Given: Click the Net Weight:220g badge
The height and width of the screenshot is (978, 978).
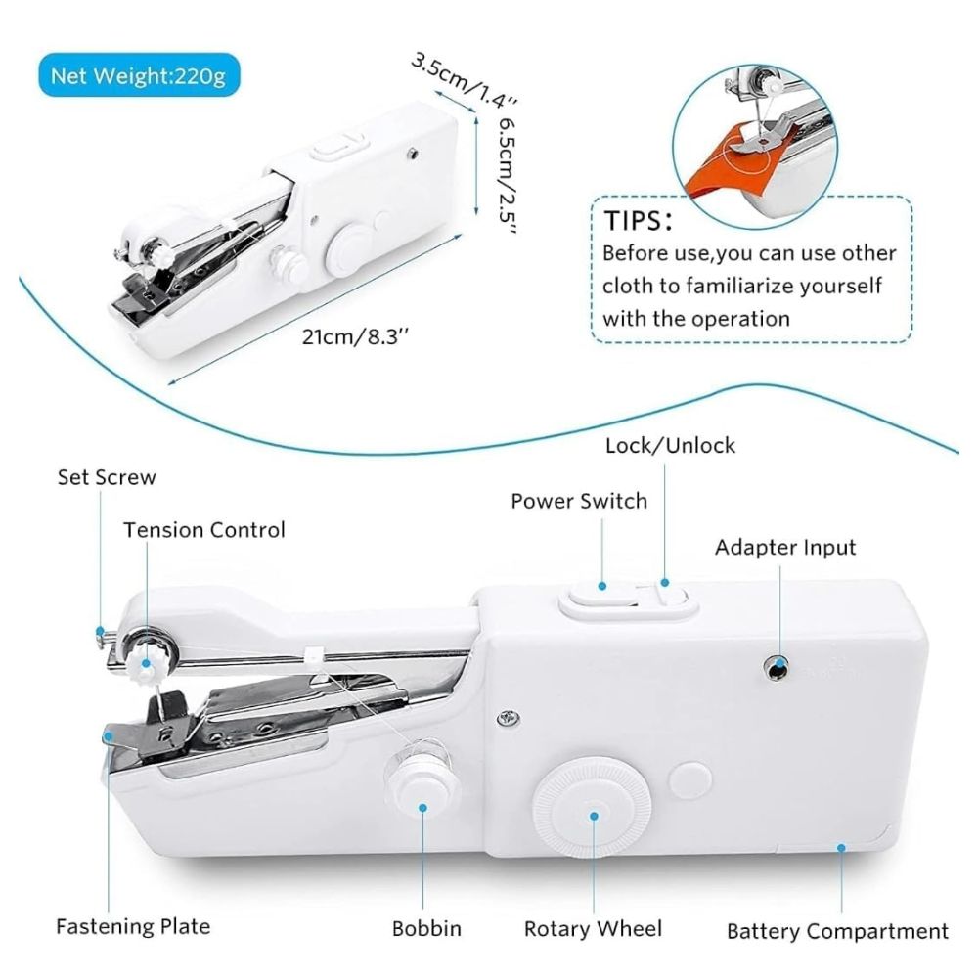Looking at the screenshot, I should pos(138,75).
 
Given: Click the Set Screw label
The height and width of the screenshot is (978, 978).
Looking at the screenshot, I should pos(107,477).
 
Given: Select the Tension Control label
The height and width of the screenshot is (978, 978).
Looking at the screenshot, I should pos(204,530).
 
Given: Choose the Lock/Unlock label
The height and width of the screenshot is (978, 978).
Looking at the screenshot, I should pos(670,446).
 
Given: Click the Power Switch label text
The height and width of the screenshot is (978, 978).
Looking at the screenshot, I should pos(579,501).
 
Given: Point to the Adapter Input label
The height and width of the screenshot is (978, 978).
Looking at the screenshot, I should pos(785,547).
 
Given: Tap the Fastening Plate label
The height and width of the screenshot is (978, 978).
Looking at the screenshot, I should pos(133,925).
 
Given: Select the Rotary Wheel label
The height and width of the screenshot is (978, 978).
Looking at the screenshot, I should pos(593,928).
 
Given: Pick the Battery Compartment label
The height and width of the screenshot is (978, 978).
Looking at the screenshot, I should pos(838,931).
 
